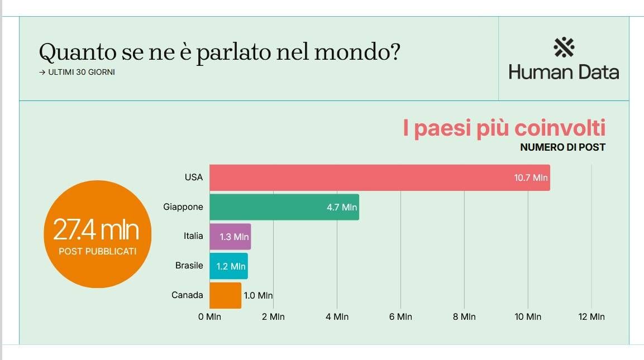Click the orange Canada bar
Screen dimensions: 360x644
pos(225,295)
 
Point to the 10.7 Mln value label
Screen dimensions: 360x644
pos(531,178)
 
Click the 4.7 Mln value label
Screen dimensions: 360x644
pos(341,208)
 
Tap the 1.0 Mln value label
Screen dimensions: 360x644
pos(258,296)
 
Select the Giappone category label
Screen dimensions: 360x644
pos(183,207)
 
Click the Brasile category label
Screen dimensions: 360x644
pos(189,266)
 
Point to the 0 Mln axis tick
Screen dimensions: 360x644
pos(210,317)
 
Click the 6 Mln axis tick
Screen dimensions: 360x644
pos(400,317)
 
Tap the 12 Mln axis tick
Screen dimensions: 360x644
pos(591,317)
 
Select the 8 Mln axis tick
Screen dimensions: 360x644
pos(464,317)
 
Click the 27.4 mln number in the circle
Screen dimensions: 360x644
pos(96,229)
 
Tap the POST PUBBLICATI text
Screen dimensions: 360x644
pos(97,252)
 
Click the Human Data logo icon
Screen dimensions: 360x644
pos(564,47)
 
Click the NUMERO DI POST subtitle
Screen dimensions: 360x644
pos(562,147)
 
